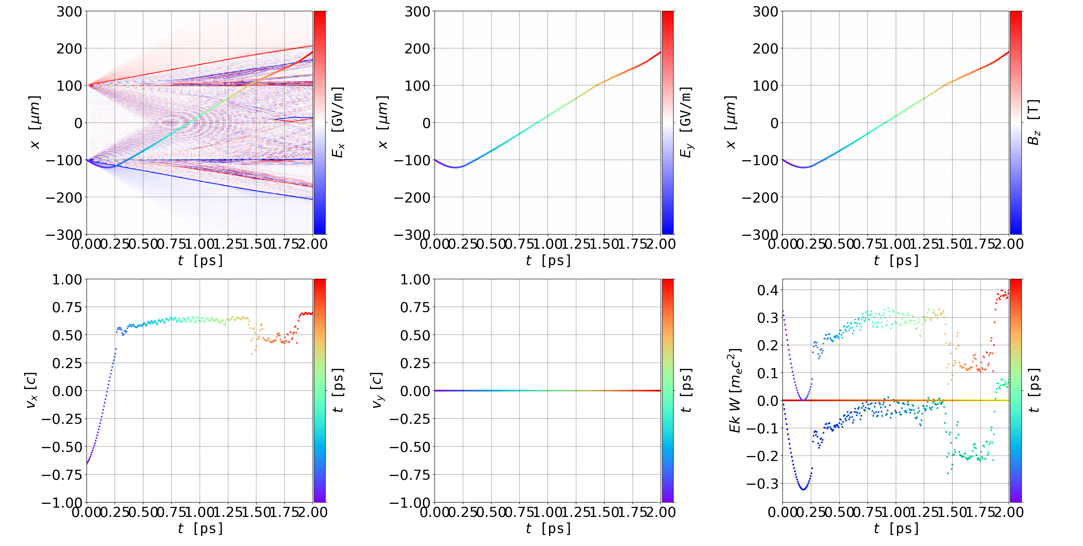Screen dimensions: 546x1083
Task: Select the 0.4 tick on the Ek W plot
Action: (x=768, y=290)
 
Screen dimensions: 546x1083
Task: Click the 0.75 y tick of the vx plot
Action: (x=67, y=307)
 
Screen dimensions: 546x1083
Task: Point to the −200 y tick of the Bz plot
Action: (x=760, y=197)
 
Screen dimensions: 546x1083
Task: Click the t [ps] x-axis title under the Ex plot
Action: (x=200, y=260)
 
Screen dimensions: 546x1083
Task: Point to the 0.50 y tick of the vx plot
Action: (x=67, y=335)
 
